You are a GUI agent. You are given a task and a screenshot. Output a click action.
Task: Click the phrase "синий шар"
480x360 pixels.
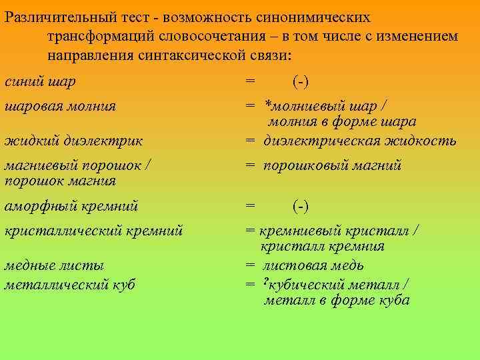tap(40, 82)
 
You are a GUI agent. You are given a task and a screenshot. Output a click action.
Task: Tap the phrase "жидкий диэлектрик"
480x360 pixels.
tap(73, 141)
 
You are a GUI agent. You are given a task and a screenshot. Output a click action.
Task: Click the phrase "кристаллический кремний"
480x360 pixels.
tap(93, 231)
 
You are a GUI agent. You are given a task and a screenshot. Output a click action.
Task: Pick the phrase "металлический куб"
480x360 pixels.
tap(69, 285)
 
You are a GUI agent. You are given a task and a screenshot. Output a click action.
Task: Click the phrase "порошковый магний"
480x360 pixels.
tap(333, 165)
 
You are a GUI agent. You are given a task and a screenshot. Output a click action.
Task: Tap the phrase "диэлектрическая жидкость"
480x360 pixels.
tap(360, 141)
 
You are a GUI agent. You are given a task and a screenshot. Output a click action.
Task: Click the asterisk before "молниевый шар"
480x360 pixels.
tap(267, 105)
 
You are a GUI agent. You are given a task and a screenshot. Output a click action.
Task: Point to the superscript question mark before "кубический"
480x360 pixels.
tap(267, 283)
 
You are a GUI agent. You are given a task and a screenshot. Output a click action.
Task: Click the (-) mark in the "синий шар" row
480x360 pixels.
tap(301, 82)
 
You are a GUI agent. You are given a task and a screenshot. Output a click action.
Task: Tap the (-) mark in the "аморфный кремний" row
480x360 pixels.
tap(301, 206)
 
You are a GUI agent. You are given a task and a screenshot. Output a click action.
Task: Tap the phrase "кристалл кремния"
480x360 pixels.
tap(323, 247)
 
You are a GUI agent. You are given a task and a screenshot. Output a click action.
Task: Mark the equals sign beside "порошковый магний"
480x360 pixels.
tap(250, 165)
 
